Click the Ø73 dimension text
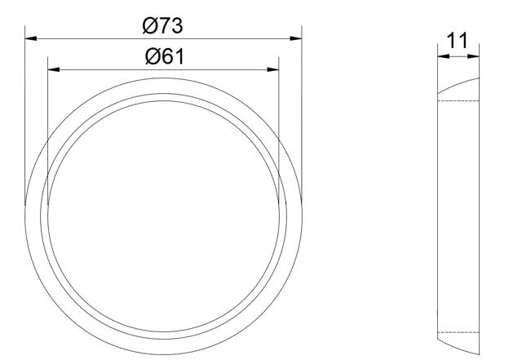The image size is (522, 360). pyautogui.click(x=162, y=25)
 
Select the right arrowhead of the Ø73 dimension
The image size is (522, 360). pyautogui.click(x=297, y=37)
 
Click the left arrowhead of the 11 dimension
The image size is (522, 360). pyautogui.click(x=441, y=56)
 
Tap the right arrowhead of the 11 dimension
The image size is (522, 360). pyautogui.click(x=474, y=56)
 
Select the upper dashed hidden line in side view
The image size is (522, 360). pyautogui.click(x=458, y=100)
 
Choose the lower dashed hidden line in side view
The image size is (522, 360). pyautogui.click(x=458, y=332)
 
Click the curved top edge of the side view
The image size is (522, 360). pyautogui.click(x=458, y=83)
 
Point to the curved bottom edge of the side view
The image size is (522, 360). pyautogui.click(x=458, y=348)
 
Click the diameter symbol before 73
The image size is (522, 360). pyautogui.click(x=150, y=25)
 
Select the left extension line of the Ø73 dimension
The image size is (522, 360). pyautogui.click(x=25, y=122)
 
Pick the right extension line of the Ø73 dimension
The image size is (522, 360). pyautogui.click(x=302, y=122)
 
